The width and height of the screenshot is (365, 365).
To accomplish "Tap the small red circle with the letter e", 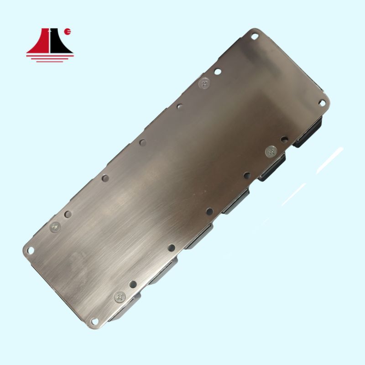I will [x=68, y=32].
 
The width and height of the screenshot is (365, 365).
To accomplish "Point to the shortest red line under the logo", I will [x=50, y=61].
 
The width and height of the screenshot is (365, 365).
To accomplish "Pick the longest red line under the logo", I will [x=50, y=55].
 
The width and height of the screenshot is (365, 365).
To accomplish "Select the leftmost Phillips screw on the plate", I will [x=55, y=226].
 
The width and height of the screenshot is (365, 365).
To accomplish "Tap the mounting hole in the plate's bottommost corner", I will [x=95, y=321].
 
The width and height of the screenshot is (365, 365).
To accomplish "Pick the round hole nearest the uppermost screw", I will [x=218, y=72].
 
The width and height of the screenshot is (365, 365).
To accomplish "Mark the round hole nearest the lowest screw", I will [x=133, y=284].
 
